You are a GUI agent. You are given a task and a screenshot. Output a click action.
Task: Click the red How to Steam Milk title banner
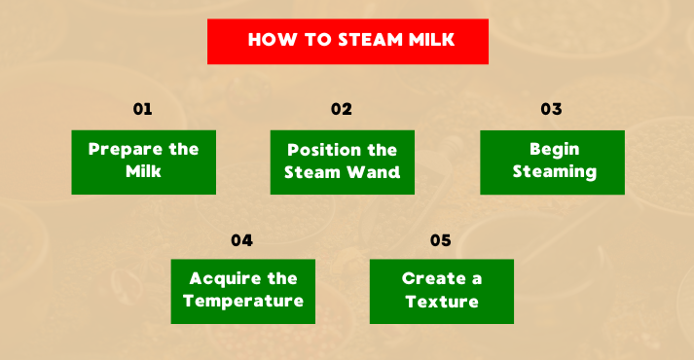347,41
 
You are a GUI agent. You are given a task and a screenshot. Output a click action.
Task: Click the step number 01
143,109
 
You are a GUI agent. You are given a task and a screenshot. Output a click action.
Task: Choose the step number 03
552,109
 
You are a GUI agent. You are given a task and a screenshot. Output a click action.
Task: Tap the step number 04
242,239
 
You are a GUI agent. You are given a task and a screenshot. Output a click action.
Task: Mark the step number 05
441,239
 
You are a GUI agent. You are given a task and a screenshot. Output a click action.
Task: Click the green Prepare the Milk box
143,162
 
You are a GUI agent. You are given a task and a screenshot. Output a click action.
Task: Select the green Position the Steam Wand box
342,162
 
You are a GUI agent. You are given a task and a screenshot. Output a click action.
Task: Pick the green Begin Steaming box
552,162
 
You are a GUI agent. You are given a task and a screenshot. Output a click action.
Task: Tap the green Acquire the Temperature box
242,291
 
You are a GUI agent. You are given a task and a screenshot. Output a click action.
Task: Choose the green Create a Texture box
441,291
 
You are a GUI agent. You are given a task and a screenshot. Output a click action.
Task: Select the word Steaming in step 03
554,172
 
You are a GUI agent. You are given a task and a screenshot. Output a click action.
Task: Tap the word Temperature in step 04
243,301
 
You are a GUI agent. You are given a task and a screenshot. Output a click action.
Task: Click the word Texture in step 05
442,302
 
